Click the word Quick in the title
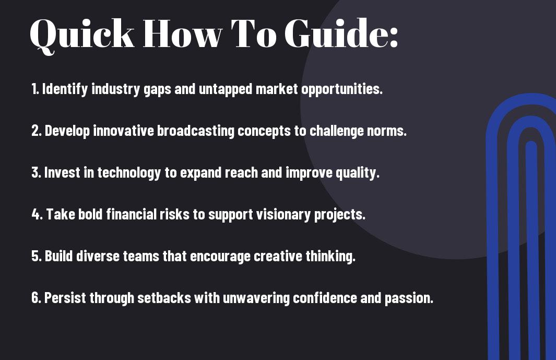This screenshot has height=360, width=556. (82, 34)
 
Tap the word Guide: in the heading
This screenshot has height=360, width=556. (342, 33)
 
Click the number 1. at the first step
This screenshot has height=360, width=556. (35, 89)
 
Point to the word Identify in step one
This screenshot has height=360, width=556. (65, 89)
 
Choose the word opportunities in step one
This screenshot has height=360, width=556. (342, 89)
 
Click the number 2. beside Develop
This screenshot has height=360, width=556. (37, 131)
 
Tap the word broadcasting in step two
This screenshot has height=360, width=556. (196, 131)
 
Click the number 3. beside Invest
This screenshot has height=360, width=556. (36, 172)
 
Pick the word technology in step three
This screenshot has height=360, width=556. (129, 173)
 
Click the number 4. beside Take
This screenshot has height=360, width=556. (37, 214)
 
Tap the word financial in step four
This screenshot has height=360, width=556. (131, 214)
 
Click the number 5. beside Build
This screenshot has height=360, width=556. (37, 256)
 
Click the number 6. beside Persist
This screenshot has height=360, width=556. (37, 298)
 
